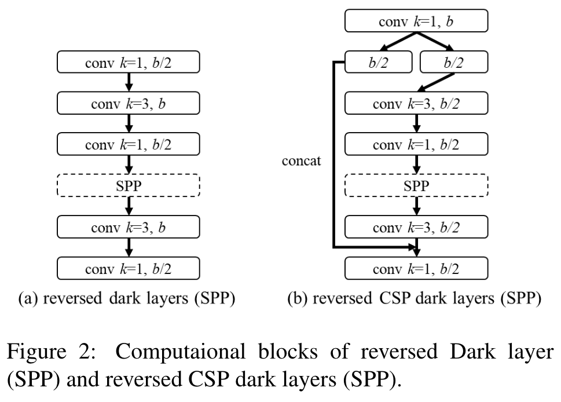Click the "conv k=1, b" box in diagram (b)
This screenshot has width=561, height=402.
[x=416, y=23]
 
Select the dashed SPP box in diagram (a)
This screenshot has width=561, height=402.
[x=128, y=186]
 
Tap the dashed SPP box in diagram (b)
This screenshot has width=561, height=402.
[x=416, y=186]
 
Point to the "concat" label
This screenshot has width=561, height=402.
[x=301, y=161]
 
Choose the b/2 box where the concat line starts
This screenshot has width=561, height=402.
[x=379, y=63]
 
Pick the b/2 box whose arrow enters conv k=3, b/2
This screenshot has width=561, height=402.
[x=454, y=63]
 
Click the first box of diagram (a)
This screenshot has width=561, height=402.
[x=128, y=63]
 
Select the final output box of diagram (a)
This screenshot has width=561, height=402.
[x=128, y=269]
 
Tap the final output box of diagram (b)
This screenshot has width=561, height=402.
[x=416, y=269]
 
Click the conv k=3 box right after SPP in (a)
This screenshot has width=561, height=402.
[x=128, y=228]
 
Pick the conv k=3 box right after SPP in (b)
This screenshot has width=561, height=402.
[x=416, y=228]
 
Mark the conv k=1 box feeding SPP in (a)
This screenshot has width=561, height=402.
[x=128, y=145]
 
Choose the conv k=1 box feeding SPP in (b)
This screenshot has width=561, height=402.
[x=416, y=145]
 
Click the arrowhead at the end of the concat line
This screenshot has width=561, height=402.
[x=413, y=247]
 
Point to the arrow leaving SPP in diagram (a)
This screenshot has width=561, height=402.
[x=129, y=207]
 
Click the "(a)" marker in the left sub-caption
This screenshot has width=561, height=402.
[x=29, y=299]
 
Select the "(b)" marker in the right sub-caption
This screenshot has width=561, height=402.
[x=299, y=299]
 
